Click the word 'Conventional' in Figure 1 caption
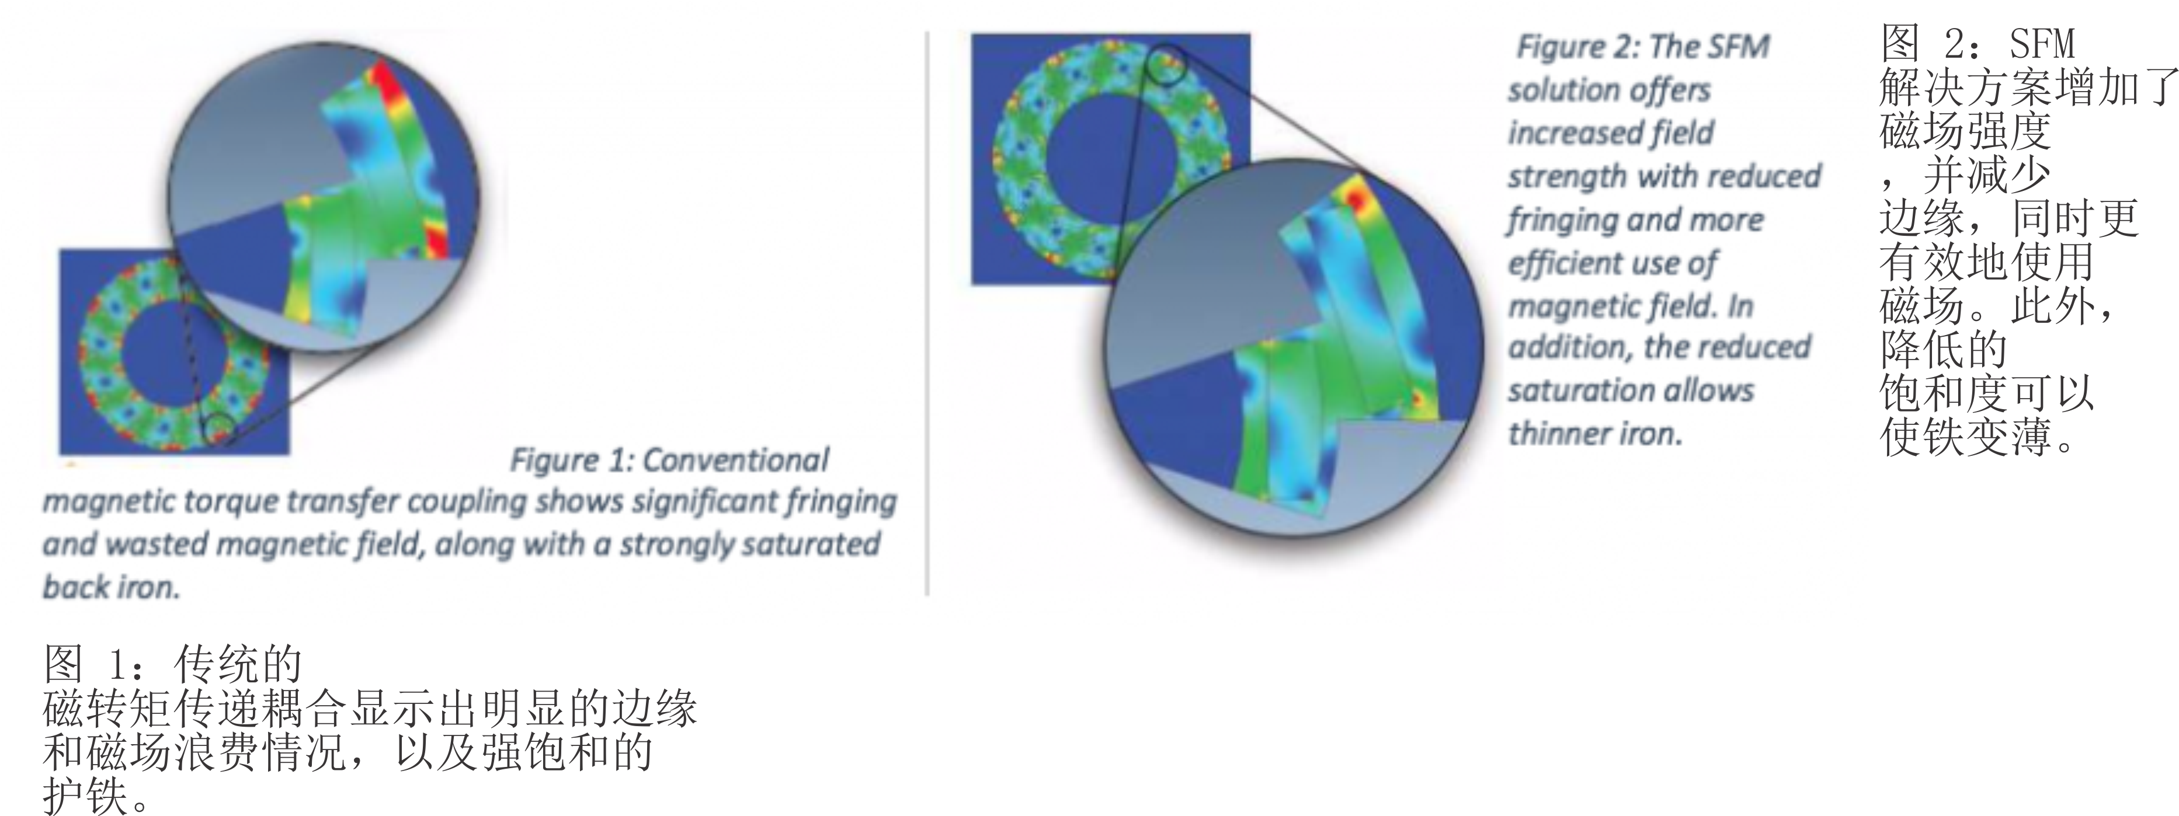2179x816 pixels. click(x=736, y=461)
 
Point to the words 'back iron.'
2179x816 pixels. click(x=111, y=587)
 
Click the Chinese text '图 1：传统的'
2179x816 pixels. click(x=172, y=664)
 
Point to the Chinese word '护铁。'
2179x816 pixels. click(x=98, y=796)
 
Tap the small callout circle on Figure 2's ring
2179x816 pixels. click(x=1168, y=64)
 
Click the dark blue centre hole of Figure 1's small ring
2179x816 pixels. click(x=173, y=354)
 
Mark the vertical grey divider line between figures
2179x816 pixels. click(x=928, y=313)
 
